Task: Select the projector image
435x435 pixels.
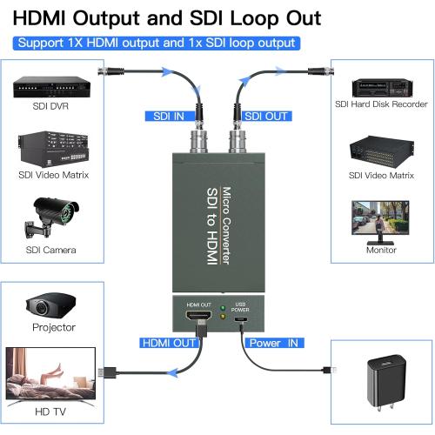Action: coord(50,305)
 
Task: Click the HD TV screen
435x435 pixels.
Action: coord(50,377)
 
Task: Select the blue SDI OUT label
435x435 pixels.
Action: coord(265,115)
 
